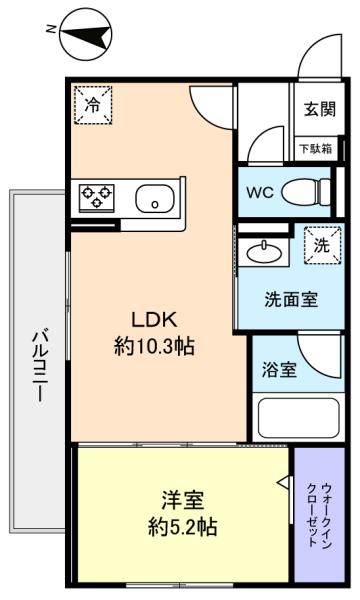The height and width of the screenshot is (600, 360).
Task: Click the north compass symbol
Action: [86, 34]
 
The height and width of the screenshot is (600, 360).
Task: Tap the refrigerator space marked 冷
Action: [93, 105]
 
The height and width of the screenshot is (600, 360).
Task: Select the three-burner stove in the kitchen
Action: [97, 198]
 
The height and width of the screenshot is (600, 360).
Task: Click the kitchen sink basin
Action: [155, 198]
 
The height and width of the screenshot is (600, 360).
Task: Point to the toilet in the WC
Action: [306, 192]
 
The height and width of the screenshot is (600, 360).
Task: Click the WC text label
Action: [260, 192]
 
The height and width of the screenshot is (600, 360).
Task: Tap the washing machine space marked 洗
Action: [322, 245]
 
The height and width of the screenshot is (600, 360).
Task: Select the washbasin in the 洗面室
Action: [264, 252]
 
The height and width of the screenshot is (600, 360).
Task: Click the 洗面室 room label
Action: [291, 300]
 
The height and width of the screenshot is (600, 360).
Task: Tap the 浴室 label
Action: [279, 369]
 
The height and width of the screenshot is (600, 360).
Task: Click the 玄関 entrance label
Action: [320, 109]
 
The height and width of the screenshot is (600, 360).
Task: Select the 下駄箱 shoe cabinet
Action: [316, 148]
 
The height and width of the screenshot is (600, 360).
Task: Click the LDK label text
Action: [154, 320]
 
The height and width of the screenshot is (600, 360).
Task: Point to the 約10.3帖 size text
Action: [154, 347]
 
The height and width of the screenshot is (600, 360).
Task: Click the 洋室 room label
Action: [182, 500]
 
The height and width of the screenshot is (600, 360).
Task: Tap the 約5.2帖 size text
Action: [182, 527]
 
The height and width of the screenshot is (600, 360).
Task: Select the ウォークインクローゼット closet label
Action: [319, 515]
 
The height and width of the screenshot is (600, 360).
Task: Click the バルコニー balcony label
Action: [39, 366]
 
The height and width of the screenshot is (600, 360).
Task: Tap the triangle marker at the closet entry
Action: [283, 482]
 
